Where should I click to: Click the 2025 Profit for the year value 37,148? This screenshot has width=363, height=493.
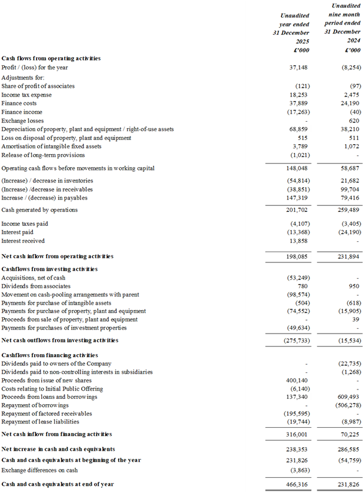tap(299, 68)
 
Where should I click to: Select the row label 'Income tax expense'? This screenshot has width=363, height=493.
tap(26, 95)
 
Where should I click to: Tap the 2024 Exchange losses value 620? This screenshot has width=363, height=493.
tap(354, 121)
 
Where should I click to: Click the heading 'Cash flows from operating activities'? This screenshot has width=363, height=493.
tap(51, 58)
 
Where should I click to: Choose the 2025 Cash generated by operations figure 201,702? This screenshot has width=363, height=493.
tap(297, 210)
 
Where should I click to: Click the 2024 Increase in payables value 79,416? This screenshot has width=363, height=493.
tap(350, 198)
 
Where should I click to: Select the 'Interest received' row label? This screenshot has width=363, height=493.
tap(23, 241)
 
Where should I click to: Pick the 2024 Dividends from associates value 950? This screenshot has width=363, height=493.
tap(354, 286)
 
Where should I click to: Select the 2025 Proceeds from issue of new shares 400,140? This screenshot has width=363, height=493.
tap(297, 381)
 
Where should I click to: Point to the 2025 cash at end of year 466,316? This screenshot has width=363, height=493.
tap(297, 484)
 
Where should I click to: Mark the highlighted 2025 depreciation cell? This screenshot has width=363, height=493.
tap(288, 129)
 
